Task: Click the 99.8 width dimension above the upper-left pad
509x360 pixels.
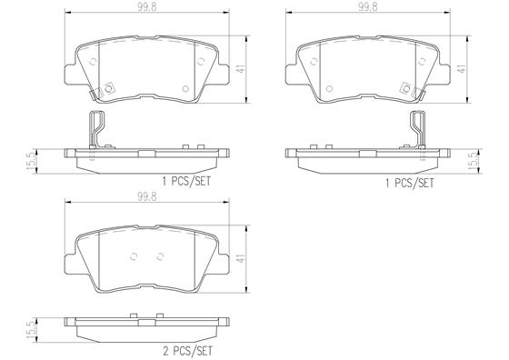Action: [146, 7]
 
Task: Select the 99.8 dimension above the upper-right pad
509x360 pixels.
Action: [368, 7]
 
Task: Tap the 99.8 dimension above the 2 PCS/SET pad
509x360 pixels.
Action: [146, 196]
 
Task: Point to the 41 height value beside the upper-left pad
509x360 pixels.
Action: [241, 69]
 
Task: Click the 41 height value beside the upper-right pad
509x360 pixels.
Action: [462, 69]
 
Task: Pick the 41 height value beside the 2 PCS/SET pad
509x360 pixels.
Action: [241, 258]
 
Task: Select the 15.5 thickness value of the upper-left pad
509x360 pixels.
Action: [31, 162]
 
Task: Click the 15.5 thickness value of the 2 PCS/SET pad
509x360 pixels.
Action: [31, 330]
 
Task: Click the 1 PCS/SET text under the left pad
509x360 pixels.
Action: [186, 181]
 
